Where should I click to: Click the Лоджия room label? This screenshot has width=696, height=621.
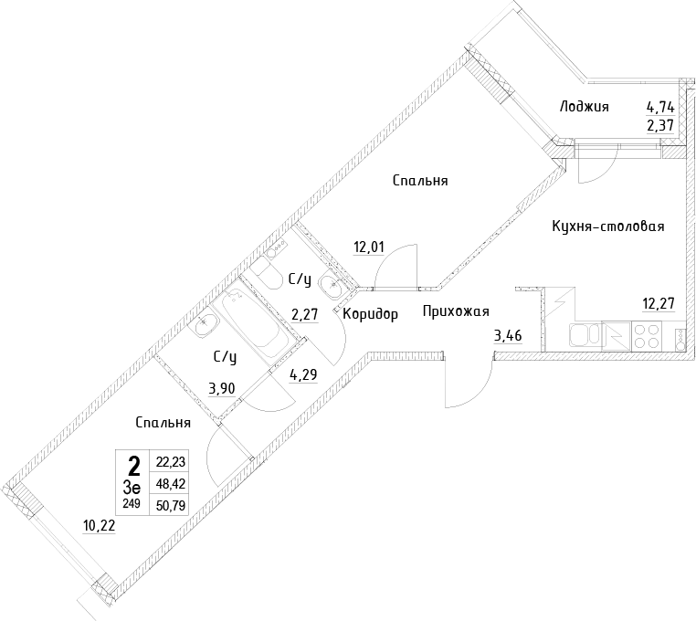click(x=584, y=107)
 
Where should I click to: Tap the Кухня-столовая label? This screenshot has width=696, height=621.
click(x=608, y=226)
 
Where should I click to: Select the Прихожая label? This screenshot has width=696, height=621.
click(x=456, y=311)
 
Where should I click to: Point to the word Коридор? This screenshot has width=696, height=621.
click(x=371, y=314)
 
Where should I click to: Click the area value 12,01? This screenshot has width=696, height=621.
click(x=369, y=247)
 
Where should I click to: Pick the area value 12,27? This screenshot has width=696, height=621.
click(x=659, y=304)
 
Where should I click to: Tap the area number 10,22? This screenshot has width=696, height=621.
click(x=99, y=526)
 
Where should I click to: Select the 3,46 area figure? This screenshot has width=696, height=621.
click(x=508, y=335)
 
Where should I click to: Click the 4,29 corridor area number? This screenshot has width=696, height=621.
click(x=303, y=375)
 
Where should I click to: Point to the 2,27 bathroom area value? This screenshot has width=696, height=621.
click(x=304, y=315)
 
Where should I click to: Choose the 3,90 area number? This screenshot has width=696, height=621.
click(x=222, y=389)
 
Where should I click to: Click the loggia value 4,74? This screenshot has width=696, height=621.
click(x=660, y=108)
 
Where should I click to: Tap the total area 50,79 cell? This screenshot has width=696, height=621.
click(x=171, y=505)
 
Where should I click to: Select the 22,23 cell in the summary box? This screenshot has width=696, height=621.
click(x=171, y=462)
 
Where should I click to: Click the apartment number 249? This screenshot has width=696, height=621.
click(x=132, y=503)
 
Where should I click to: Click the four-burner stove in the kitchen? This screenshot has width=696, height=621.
click(x=647, y=336)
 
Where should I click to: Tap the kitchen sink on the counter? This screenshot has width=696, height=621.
click(x=585, y=336)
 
